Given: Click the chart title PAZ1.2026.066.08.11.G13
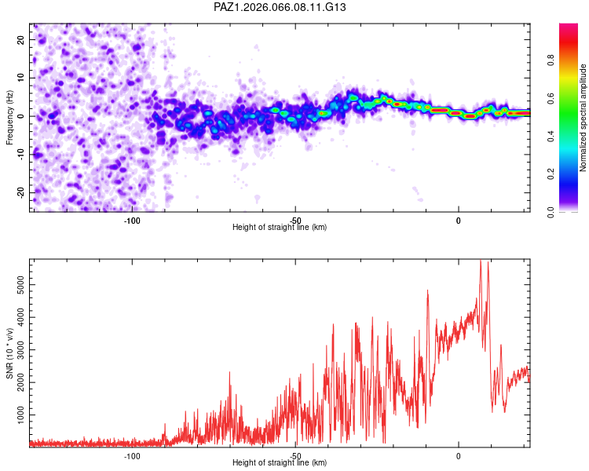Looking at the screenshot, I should [280, 7].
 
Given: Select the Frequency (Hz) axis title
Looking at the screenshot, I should [9, 117].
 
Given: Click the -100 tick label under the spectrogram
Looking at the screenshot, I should [131, 220].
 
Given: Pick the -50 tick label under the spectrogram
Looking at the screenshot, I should [295, 220].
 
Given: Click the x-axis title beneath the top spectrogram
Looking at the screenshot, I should [280, 228].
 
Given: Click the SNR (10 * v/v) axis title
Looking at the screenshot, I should [9, 352].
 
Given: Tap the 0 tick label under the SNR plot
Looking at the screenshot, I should [459, 455].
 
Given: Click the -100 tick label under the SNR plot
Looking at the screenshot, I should [131, 455].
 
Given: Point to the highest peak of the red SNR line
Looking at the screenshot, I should [481, 260].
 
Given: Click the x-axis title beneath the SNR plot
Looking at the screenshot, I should [280, 463].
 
